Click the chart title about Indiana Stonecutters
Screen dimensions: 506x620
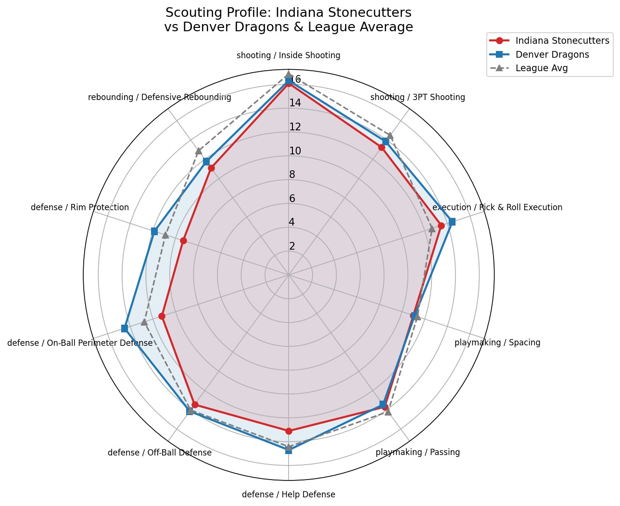[288, 20]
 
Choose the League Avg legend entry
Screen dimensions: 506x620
[541, 68]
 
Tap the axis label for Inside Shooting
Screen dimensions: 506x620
[288, 55]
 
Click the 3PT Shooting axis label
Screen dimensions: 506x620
[418, 97]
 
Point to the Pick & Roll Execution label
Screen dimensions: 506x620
[497, 207]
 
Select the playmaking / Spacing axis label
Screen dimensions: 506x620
[497, 342]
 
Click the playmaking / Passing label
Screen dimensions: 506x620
[418, 452]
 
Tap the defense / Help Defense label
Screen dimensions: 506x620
[288, 494]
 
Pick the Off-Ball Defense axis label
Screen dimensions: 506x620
[160, 453]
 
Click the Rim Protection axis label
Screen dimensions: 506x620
[80, 207]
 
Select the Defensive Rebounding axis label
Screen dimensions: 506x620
[160, 97]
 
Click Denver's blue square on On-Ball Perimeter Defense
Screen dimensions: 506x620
[125, 329]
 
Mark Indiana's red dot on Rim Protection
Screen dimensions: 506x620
[183, 241]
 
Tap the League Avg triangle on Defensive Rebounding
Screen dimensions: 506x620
[198, 151]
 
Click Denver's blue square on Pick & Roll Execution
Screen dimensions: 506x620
[452, 222]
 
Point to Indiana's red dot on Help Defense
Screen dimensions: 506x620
[289, 431]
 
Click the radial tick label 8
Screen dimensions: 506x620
[292, 175]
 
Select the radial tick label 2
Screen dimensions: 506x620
[292, 246]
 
